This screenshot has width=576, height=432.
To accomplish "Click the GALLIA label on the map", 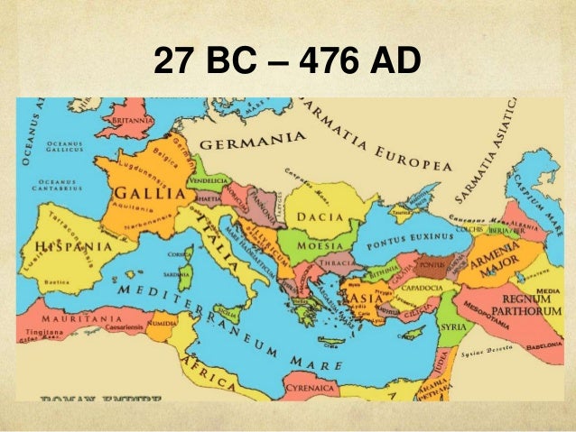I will coord(136,198).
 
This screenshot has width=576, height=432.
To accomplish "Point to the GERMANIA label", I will coord(250,144).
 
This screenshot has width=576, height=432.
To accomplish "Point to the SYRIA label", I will coord(453,326).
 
